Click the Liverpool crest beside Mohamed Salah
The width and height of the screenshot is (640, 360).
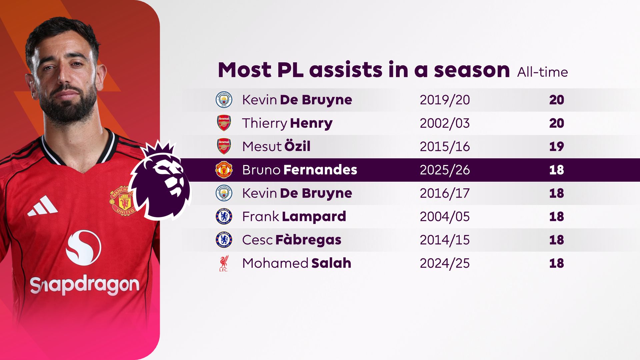[x=224, y=263]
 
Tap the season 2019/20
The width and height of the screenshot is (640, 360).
[x=445, y=100]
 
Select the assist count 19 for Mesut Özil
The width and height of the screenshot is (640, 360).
[x=556, y=147]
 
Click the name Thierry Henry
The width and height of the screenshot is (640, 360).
[x=287, y=123]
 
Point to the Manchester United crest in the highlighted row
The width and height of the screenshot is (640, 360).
[x=224, y=170]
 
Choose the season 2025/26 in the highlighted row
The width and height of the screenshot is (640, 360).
[x=445, y=170]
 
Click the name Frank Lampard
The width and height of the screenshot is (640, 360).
[x=294, y=217]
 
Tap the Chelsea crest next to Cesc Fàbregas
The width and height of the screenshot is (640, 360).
[x=224, y=240]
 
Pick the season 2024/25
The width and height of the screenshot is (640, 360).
[x=445, y=263]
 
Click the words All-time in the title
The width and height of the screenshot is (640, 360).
[x=542, y=72]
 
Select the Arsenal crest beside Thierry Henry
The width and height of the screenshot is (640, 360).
[x=224, y=123]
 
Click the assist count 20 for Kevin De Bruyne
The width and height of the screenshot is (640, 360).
[x=556, y=100]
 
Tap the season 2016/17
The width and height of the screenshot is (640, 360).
[x=445, y=193]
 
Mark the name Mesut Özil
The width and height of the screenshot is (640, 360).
[x=276, y=146]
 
